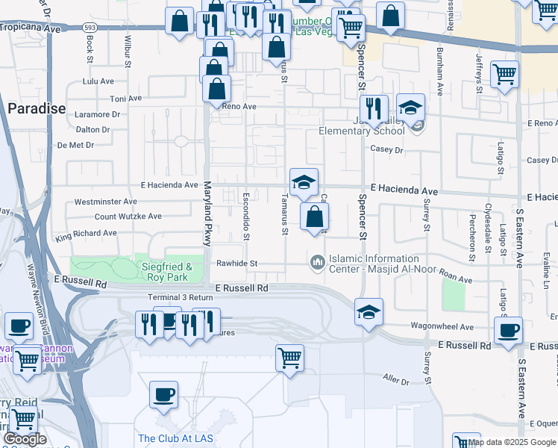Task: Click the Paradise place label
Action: point(37,108)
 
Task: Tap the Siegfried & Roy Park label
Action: point(168,272)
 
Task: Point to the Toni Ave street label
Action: point(125,99)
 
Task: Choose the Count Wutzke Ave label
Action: point(128,217)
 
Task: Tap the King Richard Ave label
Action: point(86,233)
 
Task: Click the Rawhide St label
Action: point(236,264)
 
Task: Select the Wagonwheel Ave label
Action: point(442,327)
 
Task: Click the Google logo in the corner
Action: point(25,439)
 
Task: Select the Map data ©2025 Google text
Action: point(512,442)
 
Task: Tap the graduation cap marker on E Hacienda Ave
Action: point(304,181)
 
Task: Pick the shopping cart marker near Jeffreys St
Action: point(505,75)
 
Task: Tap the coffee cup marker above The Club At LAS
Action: point(163,393)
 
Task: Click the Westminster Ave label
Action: point(105,202)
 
